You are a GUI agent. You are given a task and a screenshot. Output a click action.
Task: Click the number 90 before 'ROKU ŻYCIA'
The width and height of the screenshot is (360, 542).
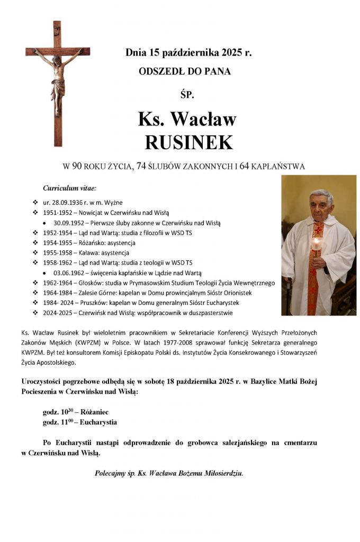77,167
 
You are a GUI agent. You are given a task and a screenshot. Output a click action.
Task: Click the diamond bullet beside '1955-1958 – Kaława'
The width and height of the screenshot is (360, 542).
35,253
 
